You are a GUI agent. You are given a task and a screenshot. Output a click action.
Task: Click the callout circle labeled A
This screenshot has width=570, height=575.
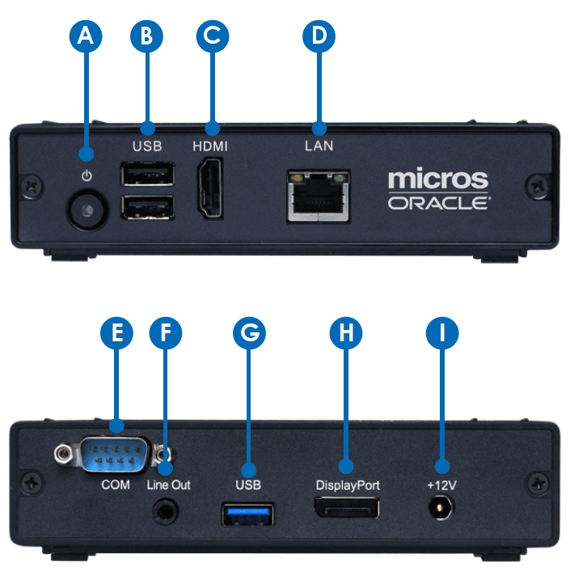click(87, 35)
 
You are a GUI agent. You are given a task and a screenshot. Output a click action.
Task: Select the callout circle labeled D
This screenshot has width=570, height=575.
click(318, 35)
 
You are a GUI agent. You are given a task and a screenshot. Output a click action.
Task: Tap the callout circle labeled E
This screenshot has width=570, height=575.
click(115, 333)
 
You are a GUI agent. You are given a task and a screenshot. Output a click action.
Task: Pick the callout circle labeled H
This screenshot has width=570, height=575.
click(347, 333)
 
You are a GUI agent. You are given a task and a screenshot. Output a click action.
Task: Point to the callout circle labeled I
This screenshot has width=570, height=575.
click(442, 333)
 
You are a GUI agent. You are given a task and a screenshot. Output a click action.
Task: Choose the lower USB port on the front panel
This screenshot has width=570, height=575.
click(147, 207)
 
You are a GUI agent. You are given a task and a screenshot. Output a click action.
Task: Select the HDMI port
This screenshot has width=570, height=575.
click(212, 188)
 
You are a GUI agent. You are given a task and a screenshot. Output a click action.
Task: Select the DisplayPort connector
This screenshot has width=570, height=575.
click(347, 511)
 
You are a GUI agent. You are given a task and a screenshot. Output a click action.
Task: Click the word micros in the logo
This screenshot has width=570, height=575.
click(437, 178)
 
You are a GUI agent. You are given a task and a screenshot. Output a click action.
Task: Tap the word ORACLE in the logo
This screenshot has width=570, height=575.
click(437, 202)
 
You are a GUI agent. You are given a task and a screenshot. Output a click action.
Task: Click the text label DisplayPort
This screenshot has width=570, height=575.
click(348, 485)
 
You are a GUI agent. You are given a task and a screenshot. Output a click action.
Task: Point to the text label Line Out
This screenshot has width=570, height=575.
click(169, 485)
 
